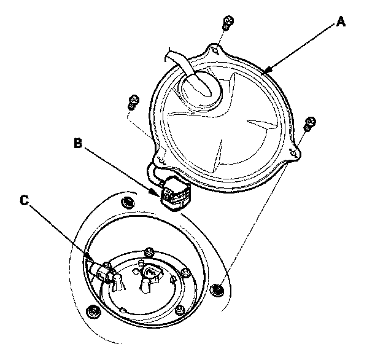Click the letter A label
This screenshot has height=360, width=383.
pos(341,22)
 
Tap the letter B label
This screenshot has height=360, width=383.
pos(78,143)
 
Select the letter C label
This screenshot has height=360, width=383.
pos(25,200)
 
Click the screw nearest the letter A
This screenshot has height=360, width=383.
pos(228,23)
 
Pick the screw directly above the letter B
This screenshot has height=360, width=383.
pos(134,102)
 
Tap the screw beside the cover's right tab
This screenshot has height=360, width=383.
pos(310,124)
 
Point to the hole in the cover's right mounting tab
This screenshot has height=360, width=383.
pos(294,153)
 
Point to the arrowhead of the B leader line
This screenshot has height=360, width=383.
pos(157,192)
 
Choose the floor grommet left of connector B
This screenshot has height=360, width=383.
pos(128,202)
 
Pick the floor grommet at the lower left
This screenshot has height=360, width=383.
pos(93,312)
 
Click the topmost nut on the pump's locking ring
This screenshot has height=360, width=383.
pos(149,252)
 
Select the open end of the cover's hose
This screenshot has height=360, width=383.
pos(170,55)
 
